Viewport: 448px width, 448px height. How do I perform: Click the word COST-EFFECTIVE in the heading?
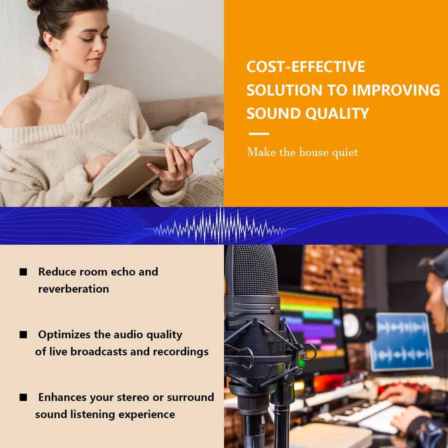(306, 67)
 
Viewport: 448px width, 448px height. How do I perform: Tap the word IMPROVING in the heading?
(396, 90)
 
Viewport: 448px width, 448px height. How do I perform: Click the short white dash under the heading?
(259, 134)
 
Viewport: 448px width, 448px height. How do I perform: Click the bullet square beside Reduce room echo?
(23, 272)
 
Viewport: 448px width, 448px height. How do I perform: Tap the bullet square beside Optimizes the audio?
(23, 335)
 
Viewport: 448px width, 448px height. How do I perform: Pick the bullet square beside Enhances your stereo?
(23, 398)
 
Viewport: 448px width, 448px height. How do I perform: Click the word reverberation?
(74, 289)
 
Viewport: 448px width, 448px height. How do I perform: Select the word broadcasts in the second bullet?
(99, 352)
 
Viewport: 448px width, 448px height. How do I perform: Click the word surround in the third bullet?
(190, 397)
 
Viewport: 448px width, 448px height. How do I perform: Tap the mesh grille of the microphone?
(255, 270)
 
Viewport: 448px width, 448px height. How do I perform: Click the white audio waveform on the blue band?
(220, 227)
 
